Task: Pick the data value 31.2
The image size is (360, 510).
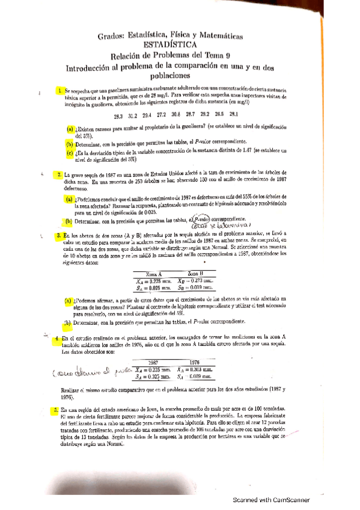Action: (132, 114)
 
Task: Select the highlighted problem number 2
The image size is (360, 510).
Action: (60, 176)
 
